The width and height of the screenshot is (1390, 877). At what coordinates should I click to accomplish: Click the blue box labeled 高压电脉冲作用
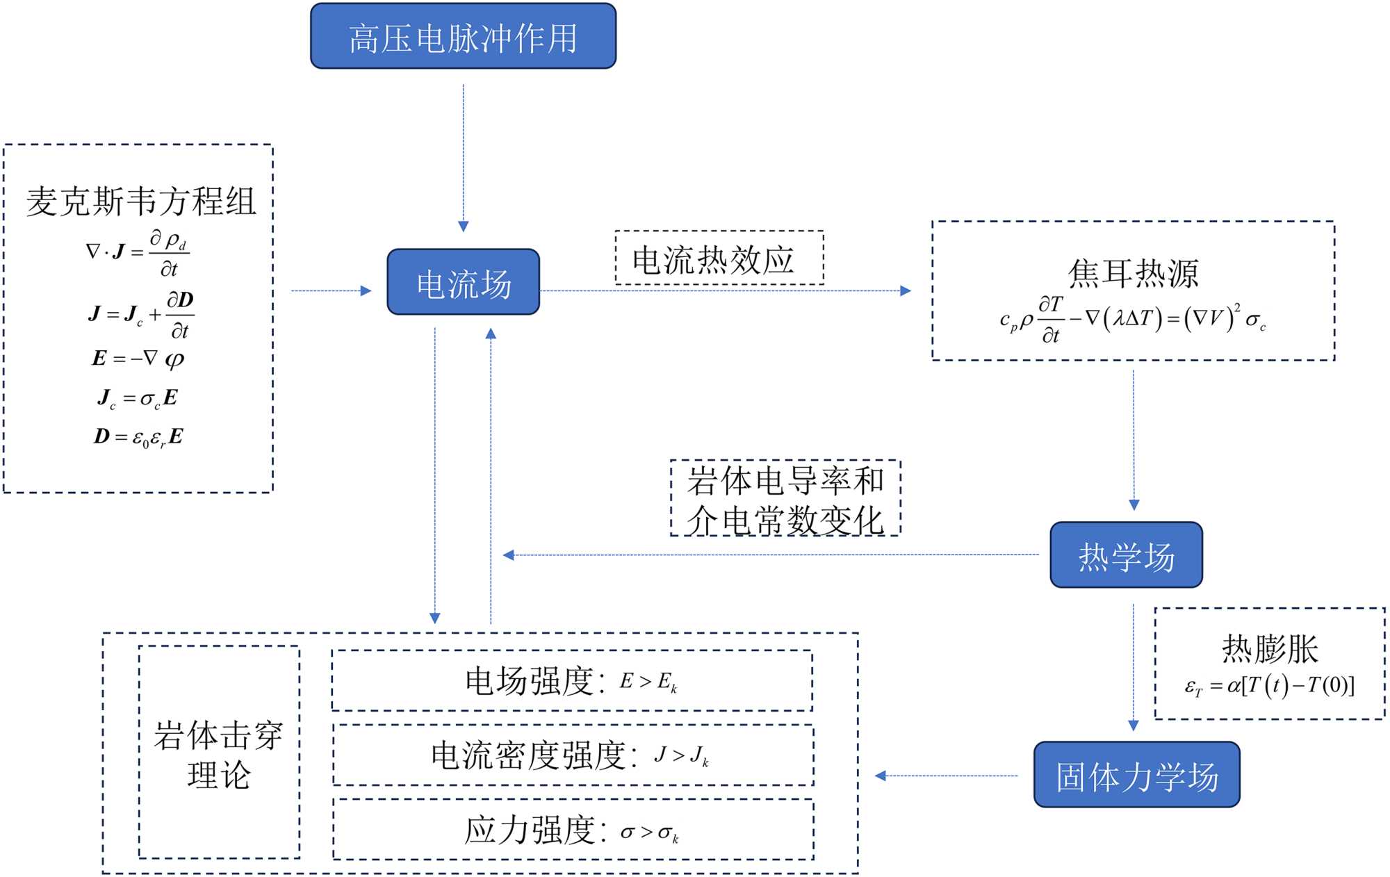463,36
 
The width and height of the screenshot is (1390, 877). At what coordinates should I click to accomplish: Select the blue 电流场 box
463,282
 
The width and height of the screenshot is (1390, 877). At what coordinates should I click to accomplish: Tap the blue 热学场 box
1126,555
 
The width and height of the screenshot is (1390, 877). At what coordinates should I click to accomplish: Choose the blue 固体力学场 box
1136,775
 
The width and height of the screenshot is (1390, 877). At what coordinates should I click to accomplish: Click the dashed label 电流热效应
719,259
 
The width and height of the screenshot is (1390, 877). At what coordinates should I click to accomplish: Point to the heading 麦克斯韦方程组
141,202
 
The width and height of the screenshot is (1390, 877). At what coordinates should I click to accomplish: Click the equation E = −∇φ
138,359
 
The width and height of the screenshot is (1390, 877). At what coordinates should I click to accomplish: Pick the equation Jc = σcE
138,398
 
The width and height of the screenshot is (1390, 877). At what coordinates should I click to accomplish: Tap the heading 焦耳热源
1133,272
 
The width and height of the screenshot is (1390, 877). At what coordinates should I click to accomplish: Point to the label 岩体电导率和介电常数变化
785,499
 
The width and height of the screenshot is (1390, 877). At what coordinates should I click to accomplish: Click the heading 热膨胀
1270,648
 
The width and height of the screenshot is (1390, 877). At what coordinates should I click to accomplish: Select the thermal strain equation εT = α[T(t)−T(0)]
1270,687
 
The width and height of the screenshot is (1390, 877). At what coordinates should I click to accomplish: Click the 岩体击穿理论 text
218,754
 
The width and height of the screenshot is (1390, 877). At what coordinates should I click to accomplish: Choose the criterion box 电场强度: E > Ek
572,681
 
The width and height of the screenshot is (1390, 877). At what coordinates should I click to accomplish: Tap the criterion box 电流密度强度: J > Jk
573,755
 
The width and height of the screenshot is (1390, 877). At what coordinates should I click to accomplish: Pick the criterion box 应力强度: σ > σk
573,830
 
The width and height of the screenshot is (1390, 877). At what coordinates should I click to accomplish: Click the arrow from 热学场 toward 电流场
771,555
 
